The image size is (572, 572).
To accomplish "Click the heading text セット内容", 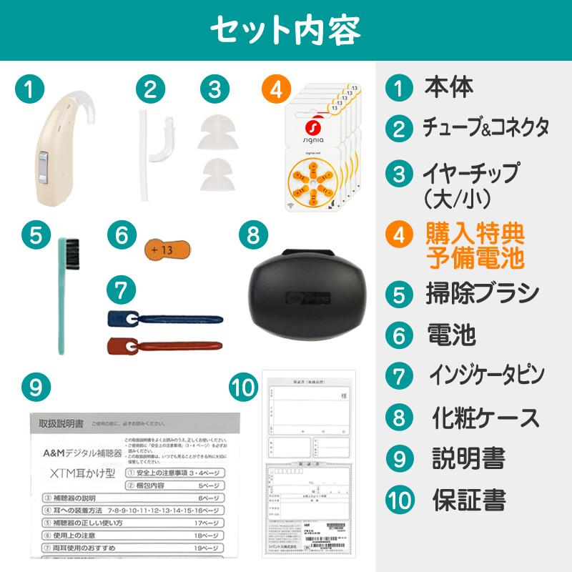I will [x=286, y=31].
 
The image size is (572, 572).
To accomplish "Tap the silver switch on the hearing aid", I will [x=44, y=167].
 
